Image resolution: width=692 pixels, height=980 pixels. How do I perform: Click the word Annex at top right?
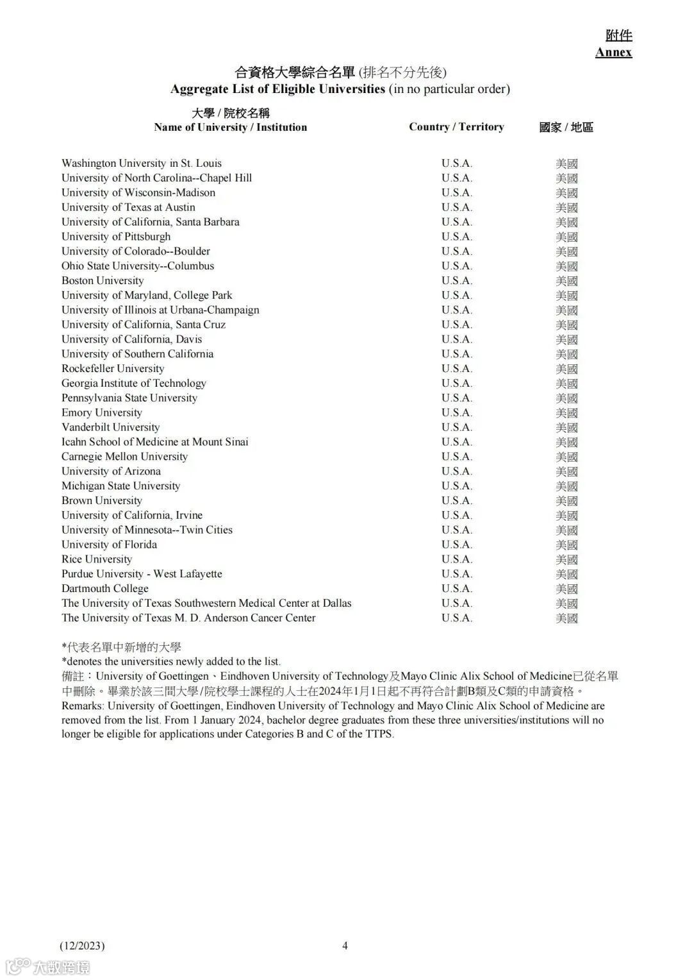[613, 53]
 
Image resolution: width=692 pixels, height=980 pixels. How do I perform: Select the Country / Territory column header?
[456, 127]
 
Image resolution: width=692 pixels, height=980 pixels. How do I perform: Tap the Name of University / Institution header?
[230, 127]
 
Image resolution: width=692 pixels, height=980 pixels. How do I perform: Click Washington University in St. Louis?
[142, 164]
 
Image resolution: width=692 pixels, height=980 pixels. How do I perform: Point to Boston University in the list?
[103, 281]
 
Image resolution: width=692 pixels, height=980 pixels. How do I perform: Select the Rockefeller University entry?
[113, 369]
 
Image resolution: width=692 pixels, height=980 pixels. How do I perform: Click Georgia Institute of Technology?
[134, 384]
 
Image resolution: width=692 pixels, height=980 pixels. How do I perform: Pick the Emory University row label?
[102, 413]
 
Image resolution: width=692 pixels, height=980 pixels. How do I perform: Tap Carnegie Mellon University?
[124, 457]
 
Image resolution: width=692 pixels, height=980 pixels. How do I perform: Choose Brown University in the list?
[102, 501]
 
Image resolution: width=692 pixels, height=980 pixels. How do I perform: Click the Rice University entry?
[97, 559]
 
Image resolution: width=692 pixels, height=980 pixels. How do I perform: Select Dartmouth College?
[105, 589]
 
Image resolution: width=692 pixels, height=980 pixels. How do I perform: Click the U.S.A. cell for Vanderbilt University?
[456, 428]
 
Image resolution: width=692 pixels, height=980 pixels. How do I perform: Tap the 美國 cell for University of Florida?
[566, 545]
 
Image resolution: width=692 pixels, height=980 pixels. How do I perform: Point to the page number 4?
[345, 945]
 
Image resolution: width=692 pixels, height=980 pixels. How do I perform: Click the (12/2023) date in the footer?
[82, 945]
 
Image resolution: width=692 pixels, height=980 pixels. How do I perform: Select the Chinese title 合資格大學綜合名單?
[295, 72]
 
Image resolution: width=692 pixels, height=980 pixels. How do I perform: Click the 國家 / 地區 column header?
[566, 128]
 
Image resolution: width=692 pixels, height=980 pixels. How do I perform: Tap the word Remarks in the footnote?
[82, 706]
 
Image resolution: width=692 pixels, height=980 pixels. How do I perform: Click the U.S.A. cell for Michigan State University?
[456, 486]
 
